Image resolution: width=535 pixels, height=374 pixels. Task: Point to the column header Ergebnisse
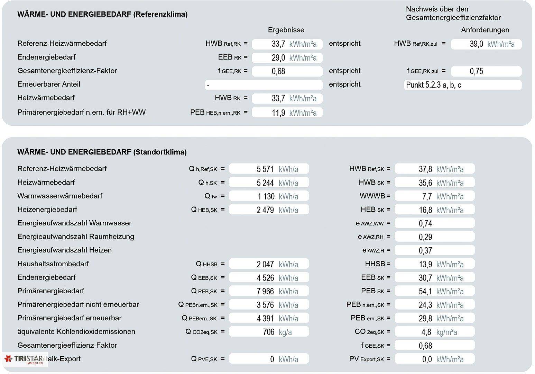click(286, 30)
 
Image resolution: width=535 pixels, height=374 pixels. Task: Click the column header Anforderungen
click(485, 30)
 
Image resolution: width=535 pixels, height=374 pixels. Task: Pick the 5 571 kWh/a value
click(269, 169)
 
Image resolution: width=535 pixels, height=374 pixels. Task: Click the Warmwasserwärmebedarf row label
click(60, 196)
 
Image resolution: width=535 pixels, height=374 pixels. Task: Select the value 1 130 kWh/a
click(269, 196)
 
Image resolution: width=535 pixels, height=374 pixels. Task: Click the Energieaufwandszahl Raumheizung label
click(76, 237)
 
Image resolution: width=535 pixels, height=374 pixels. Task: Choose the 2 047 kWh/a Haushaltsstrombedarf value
click(269, 264)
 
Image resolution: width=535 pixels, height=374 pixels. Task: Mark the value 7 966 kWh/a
click(269, 291)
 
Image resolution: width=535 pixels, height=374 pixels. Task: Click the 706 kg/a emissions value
click(269, 332)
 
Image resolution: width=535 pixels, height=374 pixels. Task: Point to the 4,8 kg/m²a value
click(434, 332)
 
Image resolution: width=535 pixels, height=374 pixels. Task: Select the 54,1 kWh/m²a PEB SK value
click(434, 291)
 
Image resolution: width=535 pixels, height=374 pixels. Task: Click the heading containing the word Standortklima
click(102, 152)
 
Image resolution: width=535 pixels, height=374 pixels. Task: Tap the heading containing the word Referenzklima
click(102, 14)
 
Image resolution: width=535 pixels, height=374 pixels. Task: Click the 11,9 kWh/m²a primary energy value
click(287, 113)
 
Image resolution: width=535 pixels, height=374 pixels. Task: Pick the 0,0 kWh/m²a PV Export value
click(434, 359)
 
